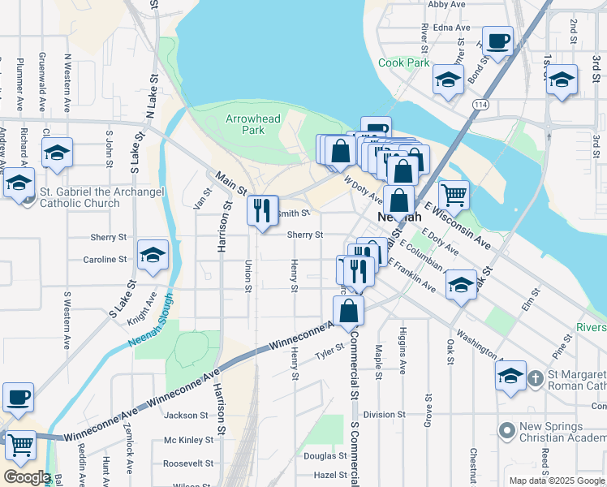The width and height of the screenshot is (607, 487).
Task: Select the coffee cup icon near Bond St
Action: pos(497,40)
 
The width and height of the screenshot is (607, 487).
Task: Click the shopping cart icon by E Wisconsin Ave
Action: pos(454,194)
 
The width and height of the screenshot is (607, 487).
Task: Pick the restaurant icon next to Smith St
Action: pos(262,211)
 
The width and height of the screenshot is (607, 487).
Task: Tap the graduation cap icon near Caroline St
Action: pos(153,256)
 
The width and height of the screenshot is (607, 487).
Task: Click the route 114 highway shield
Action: pos(481,105)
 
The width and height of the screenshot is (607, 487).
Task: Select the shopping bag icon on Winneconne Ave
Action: pos(348,311)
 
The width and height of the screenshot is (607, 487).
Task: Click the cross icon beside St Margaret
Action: pos(536,378)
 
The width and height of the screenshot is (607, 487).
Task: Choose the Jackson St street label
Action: pos(187,416)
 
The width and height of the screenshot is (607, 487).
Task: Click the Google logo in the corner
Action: pos(27,476)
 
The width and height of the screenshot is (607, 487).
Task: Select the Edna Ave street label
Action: pos(452,27)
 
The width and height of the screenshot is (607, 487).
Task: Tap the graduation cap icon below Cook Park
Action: pos(447,80)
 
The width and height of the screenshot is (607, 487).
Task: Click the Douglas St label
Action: pos(325,456)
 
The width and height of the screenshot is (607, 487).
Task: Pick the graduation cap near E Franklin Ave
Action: pos(461,286)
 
